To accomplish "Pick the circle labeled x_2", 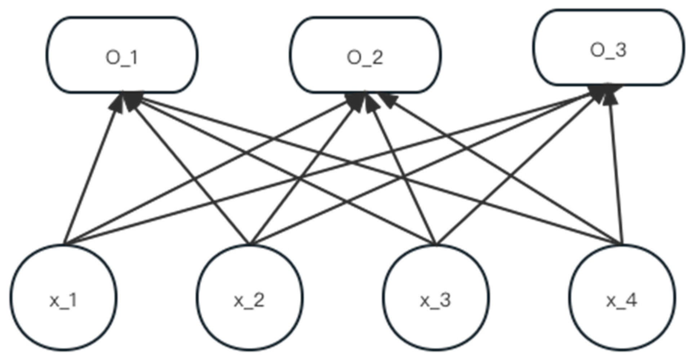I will (x=249, y=298).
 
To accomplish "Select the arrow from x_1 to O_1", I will (x=92, y=172).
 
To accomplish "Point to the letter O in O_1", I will (x=112, y=57).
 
